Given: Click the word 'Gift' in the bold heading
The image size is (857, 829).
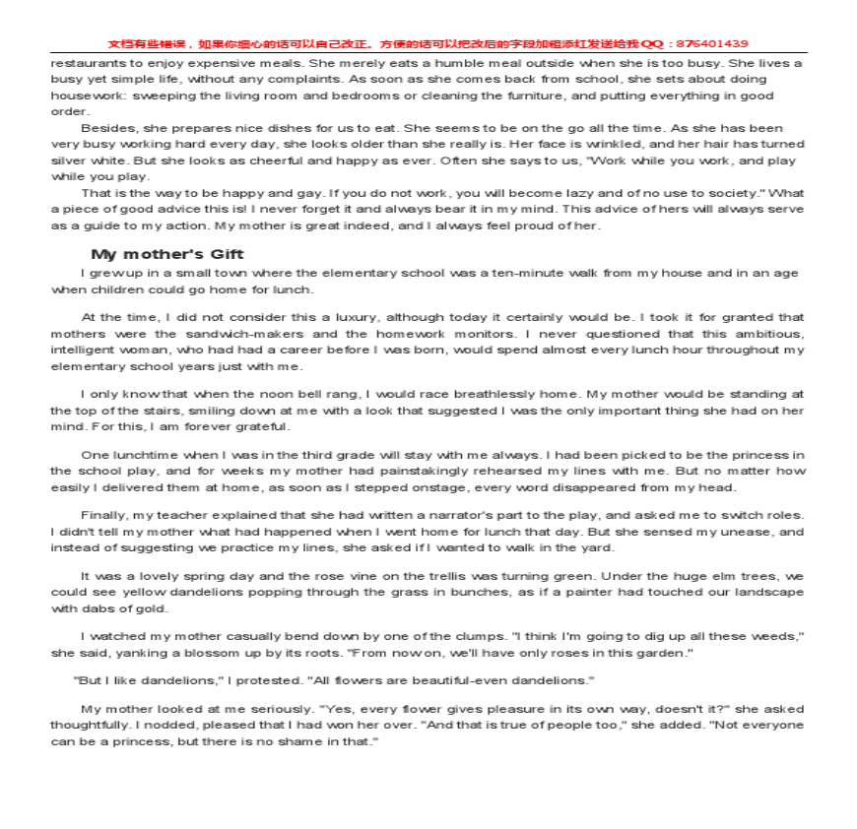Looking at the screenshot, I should pos(224,254).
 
